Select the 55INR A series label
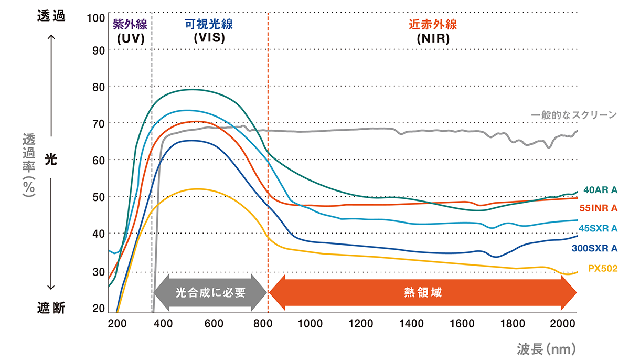(602, 208)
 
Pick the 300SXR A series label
(595, 248)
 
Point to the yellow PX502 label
(602, 268)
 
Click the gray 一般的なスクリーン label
(574, 115)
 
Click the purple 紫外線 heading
(130, 24)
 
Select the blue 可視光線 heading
(208, 24)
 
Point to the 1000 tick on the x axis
(314, 323)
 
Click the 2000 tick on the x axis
(564, 323)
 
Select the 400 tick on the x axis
(164, 323)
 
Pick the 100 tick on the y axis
(96, 18)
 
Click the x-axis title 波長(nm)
(546, 348)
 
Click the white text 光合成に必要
(210, 292)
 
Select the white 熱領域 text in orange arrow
(423, 292)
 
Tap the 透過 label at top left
(51, 16)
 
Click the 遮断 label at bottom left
(51, 308)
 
